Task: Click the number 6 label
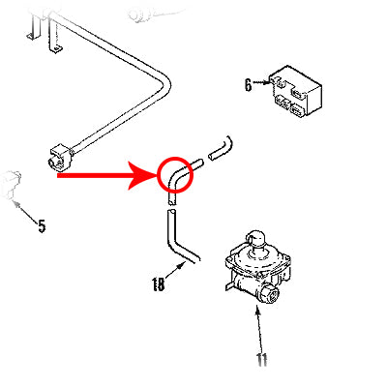249,85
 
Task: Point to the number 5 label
42,227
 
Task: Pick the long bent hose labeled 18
178,237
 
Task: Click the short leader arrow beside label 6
261,85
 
